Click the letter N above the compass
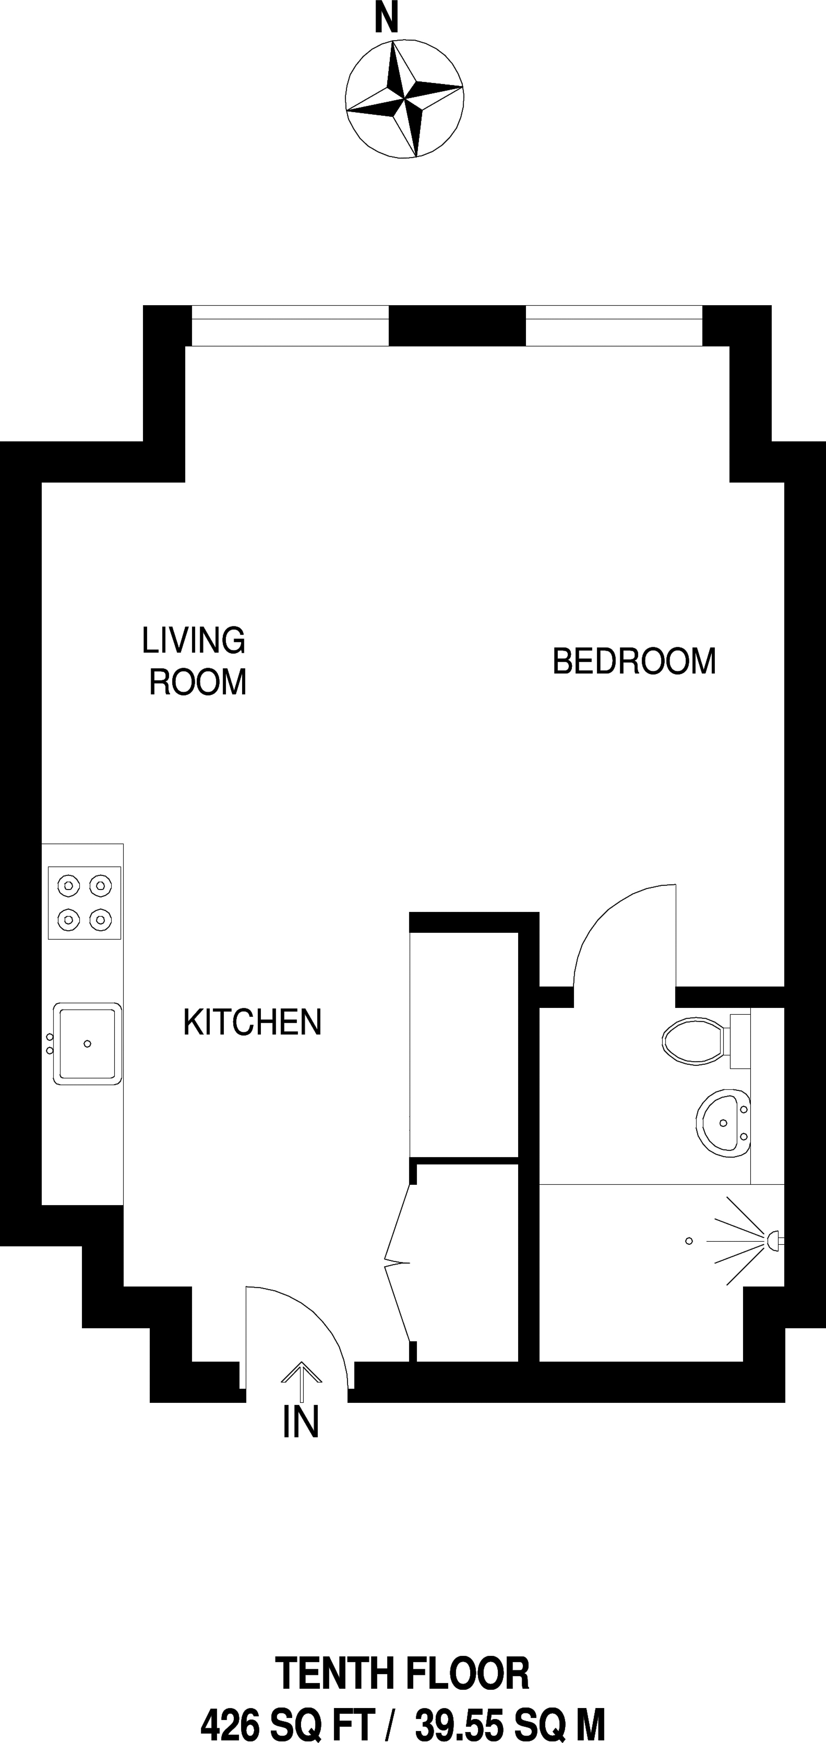pos(386,20)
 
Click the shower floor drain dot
pos(689,1241)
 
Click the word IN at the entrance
pos(300,1422)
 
